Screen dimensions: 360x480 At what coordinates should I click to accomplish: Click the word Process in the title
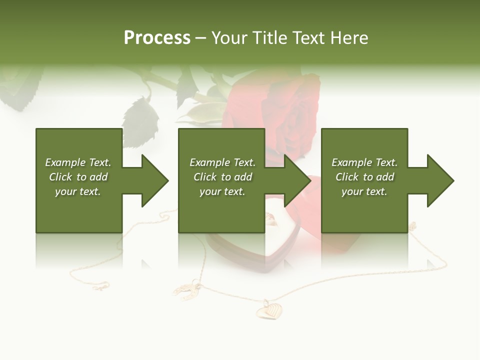click(157, 37)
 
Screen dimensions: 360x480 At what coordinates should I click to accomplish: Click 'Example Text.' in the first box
click(78, 162)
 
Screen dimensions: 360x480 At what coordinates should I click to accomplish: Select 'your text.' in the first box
click(78, 191)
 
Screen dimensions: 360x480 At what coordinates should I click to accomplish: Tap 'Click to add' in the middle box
click(222, 177)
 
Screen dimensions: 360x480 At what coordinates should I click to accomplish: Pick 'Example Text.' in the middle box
click(222, 162)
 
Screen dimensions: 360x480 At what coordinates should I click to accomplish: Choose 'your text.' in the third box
click(364, 191)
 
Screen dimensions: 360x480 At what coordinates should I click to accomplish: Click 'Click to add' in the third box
click(364, 177)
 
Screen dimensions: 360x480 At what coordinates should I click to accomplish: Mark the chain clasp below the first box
click(100, 286)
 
